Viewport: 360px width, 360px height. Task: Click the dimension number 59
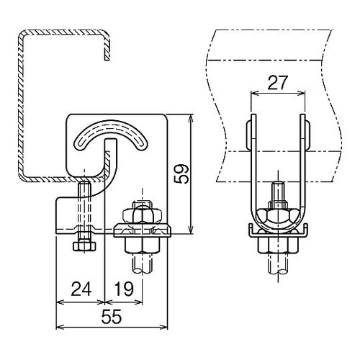pos(181,174)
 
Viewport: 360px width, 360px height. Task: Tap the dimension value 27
pos(277,83)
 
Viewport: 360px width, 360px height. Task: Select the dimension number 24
pos(81,289)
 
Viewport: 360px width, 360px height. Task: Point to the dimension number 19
pos(124,289)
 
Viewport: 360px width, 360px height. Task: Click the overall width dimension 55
pos(112,317)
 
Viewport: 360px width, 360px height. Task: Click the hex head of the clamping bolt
pos(84,246)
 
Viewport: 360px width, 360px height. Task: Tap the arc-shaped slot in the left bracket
pos(111,135)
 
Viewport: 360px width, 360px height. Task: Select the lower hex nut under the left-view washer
pos(142,245)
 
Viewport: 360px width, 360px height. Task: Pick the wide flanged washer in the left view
pos(142,230)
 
